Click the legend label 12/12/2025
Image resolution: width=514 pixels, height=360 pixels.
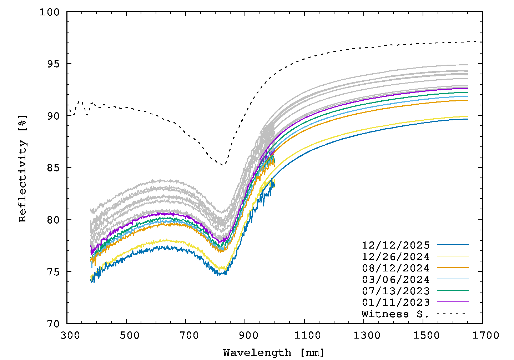pos(395,245)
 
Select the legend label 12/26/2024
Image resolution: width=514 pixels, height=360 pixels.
pos(395,257)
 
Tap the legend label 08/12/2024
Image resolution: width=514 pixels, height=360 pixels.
pos(395,268)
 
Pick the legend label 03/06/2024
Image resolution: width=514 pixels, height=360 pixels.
pos(395,280)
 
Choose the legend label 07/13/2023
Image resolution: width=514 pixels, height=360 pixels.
pos(395,291)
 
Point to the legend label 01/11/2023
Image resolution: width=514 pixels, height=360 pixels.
pos(395,302)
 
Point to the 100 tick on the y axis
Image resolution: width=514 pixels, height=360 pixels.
pos(51,12)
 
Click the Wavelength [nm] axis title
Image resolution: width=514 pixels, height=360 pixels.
pos(274,353)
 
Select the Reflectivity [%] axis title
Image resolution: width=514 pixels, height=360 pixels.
pos(22,168)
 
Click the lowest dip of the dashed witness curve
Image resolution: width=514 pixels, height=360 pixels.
pos(222,165)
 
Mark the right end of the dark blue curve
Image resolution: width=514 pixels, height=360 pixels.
pos(468,119)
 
